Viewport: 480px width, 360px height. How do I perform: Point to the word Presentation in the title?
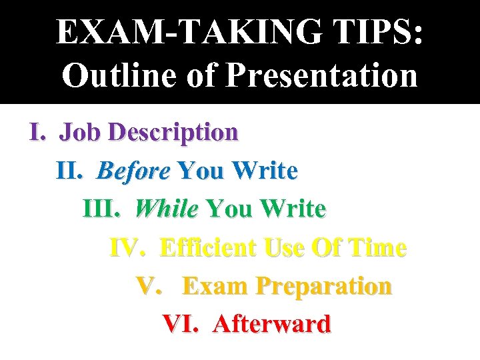(321, 75)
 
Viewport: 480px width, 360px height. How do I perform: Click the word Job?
(81, 132)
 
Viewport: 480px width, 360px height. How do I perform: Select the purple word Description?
(173, 133)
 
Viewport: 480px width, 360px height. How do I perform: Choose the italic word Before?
(133, 171)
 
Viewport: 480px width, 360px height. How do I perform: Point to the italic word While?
(166, 209)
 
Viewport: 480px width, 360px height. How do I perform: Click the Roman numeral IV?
(129, 248)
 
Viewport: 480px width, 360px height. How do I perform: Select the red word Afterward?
(271, 324)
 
